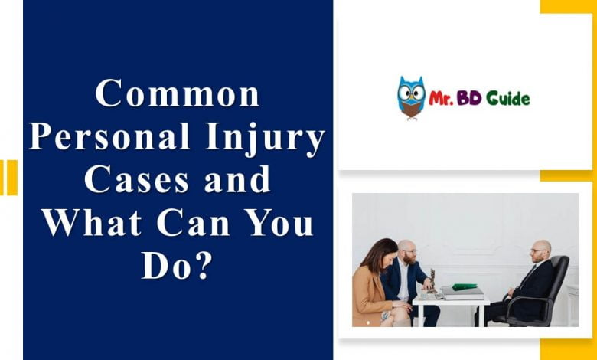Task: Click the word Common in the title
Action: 178,93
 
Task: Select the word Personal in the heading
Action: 109,136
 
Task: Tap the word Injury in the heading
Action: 265,139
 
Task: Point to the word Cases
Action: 136,179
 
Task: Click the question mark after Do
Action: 201,265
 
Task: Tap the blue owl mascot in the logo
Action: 411,97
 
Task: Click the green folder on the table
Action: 464,286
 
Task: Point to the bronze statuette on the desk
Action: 432,281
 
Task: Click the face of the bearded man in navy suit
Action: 409,254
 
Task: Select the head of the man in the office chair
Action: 540,250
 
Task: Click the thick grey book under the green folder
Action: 462,293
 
